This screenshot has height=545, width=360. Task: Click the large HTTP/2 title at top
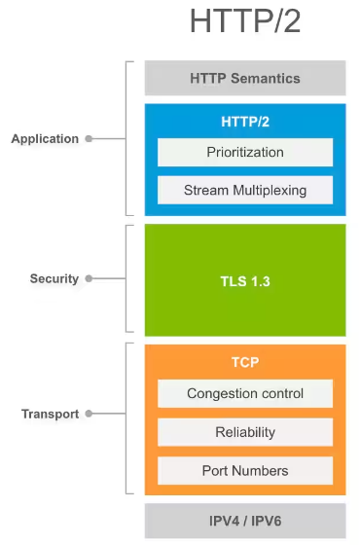coord(245,21)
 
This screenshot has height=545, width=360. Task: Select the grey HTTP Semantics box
coord(245,78)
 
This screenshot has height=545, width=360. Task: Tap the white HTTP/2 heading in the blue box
coord(245,122)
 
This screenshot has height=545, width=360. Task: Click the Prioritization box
coord(245,153)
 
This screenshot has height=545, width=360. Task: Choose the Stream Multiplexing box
coord(245,190)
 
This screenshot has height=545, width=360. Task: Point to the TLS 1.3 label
coord(245,279)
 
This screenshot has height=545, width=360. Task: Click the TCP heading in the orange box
coord(245,361)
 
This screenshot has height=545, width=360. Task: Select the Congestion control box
coord(245,394)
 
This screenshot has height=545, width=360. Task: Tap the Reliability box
coord(245,432)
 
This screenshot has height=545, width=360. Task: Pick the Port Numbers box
coord(245,471)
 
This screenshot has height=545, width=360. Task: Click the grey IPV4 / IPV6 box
coord(245,521)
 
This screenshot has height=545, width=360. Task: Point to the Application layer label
coord(45,139)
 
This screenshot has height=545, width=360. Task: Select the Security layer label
coord(54,279)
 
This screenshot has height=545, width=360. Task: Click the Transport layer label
coord(50,415)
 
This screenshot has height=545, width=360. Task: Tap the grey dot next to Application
coord(89,139)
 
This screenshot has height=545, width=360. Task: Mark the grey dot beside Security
coord(89,279)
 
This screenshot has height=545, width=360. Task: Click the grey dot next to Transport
coord(89,415)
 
